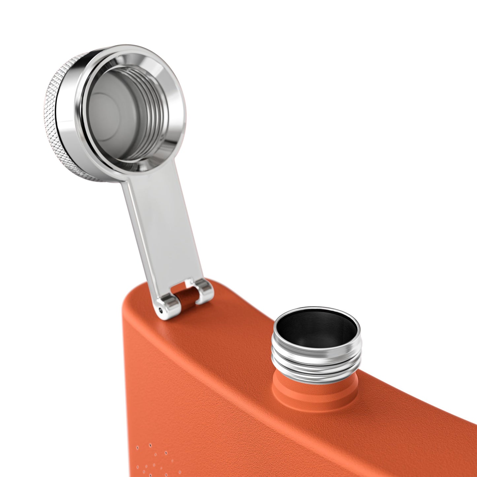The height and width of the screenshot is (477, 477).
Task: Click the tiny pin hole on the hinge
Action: point(161,310)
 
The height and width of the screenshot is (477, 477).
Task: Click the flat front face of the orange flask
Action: point(264,439)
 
